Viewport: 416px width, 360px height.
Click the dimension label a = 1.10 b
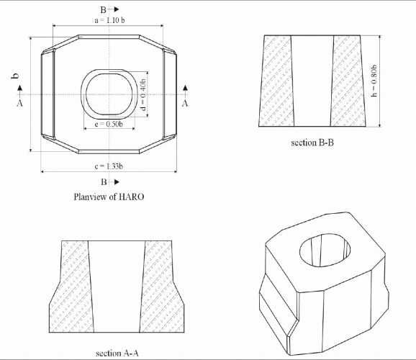point(110,20)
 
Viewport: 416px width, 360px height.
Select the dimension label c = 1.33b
point(109,166)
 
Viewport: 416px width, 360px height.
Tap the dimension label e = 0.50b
point(109,124)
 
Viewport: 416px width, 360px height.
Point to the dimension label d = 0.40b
point(143,95)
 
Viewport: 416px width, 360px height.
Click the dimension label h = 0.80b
point(374,81)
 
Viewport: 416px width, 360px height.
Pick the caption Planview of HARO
point(109,197)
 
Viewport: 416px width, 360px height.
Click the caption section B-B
point(312,143)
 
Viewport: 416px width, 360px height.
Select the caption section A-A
point(117,353)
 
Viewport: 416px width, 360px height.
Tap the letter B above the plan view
point(103,10)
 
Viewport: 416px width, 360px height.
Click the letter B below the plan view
point(104,182)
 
